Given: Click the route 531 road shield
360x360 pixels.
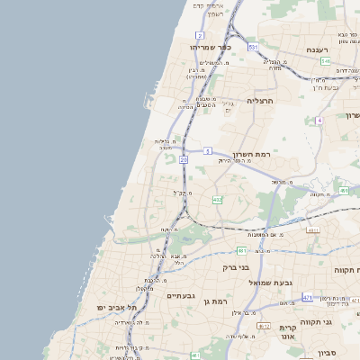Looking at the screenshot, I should click(x=254, y=47).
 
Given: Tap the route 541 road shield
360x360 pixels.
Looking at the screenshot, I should click(x=325, y=61).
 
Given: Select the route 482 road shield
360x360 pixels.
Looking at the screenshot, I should click(x=217, y=199).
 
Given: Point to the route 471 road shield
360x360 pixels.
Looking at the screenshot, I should click(x=308, y=296).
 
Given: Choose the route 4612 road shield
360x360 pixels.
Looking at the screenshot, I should click(x=264, y=326).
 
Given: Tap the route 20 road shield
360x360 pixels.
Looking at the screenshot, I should click(x=184, y=159).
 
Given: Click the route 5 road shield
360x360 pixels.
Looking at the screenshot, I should click(x=207, y=150).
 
